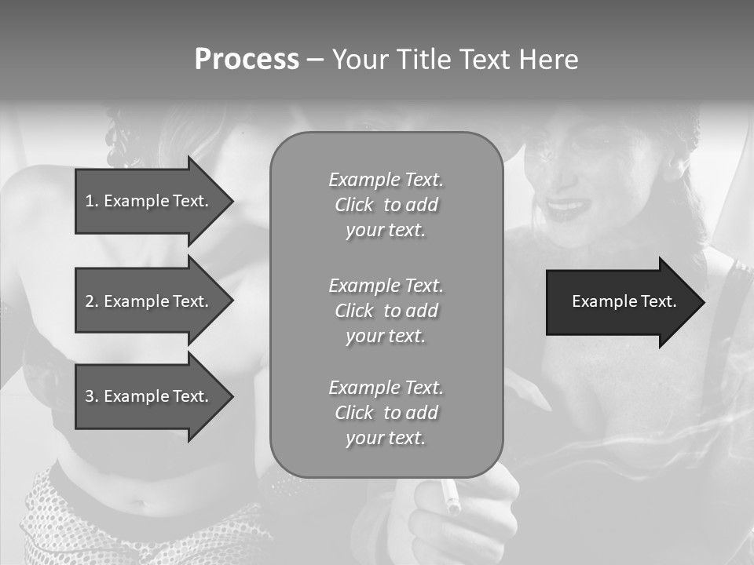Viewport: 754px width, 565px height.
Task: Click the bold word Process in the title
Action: [247, 60]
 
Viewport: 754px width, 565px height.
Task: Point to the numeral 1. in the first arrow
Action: [91, 201]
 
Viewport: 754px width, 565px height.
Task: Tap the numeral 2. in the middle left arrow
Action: [91, 301]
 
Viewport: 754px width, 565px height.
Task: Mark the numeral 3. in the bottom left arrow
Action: [91, 396]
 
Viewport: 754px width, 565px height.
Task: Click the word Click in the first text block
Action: [354, 206]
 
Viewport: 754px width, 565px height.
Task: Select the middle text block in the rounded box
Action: [386, 311]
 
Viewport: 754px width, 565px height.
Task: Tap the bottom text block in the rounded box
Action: [386, 413]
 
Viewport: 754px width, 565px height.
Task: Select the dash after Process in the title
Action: [315, 60]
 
